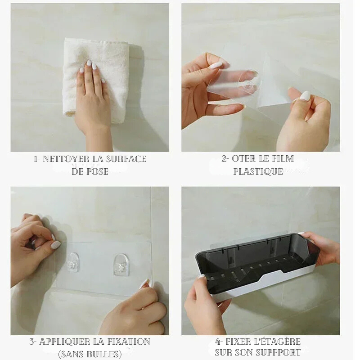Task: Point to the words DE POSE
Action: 90,171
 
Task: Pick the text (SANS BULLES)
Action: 90,354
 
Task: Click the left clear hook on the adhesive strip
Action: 73,262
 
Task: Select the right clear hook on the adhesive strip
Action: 121,265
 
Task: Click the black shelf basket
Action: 256,263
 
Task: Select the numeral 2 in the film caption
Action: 225,159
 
